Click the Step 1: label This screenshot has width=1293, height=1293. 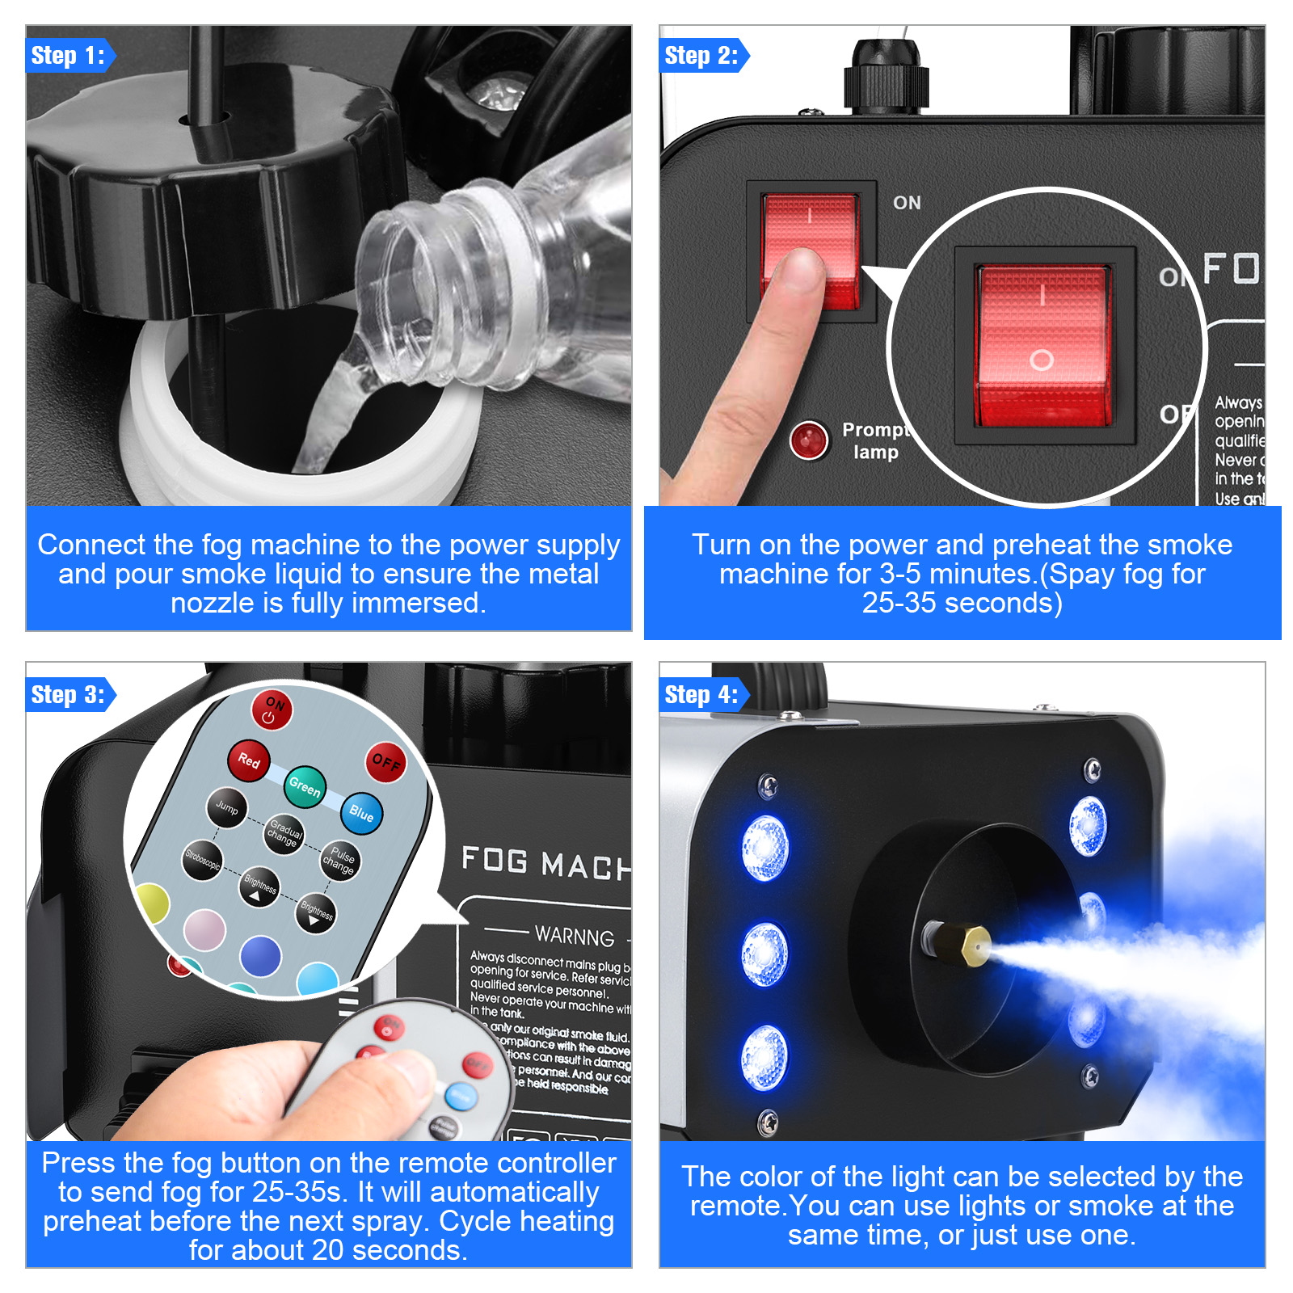pos(68,56)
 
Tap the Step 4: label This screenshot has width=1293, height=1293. pos(701,695)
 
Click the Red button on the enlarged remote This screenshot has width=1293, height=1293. pos(249,760)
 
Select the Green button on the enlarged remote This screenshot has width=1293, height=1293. pos(305,785)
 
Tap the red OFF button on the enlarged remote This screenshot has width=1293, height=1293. pos(385,762)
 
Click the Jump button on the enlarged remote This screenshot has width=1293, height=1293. pos(227,807)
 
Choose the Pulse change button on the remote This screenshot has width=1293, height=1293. pos(339,861)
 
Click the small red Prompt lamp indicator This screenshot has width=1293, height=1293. pos(809,440)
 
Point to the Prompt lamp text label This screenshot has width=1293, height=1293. pos(875,440)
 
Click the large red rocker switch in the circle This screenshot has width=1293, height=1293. pos(1043,346)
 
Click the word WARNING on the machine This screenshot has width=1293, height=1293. pos(575,936)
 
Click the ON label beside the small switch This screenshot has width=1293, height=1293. pos(907,203)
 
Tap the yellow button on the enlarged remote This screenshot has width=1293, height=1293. pos(151,903)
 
